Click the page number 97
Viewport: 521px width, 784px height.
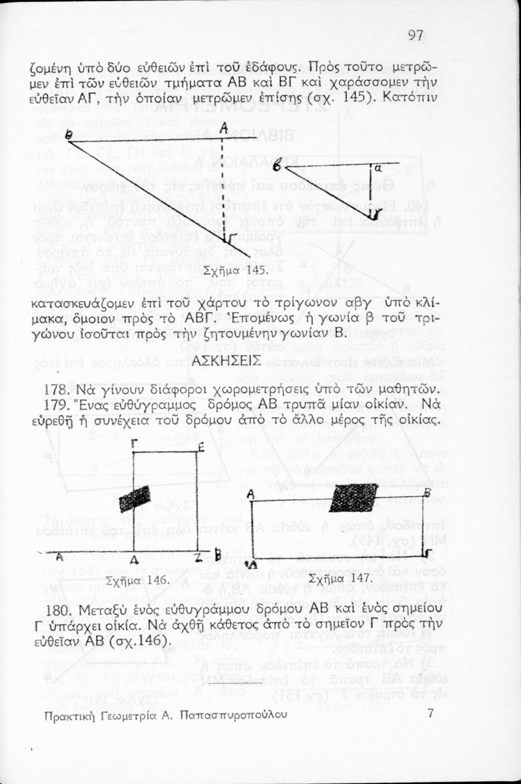(415, 36)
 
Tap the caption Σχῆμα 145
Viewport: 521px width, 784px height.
(228, 271)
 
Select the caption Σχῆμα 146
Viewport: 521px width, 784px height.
(137, 580)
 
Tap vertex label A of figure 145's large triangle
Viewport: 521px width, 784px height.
(224, 128)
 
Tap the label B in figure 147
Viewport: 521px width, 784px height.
(426, 492)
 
